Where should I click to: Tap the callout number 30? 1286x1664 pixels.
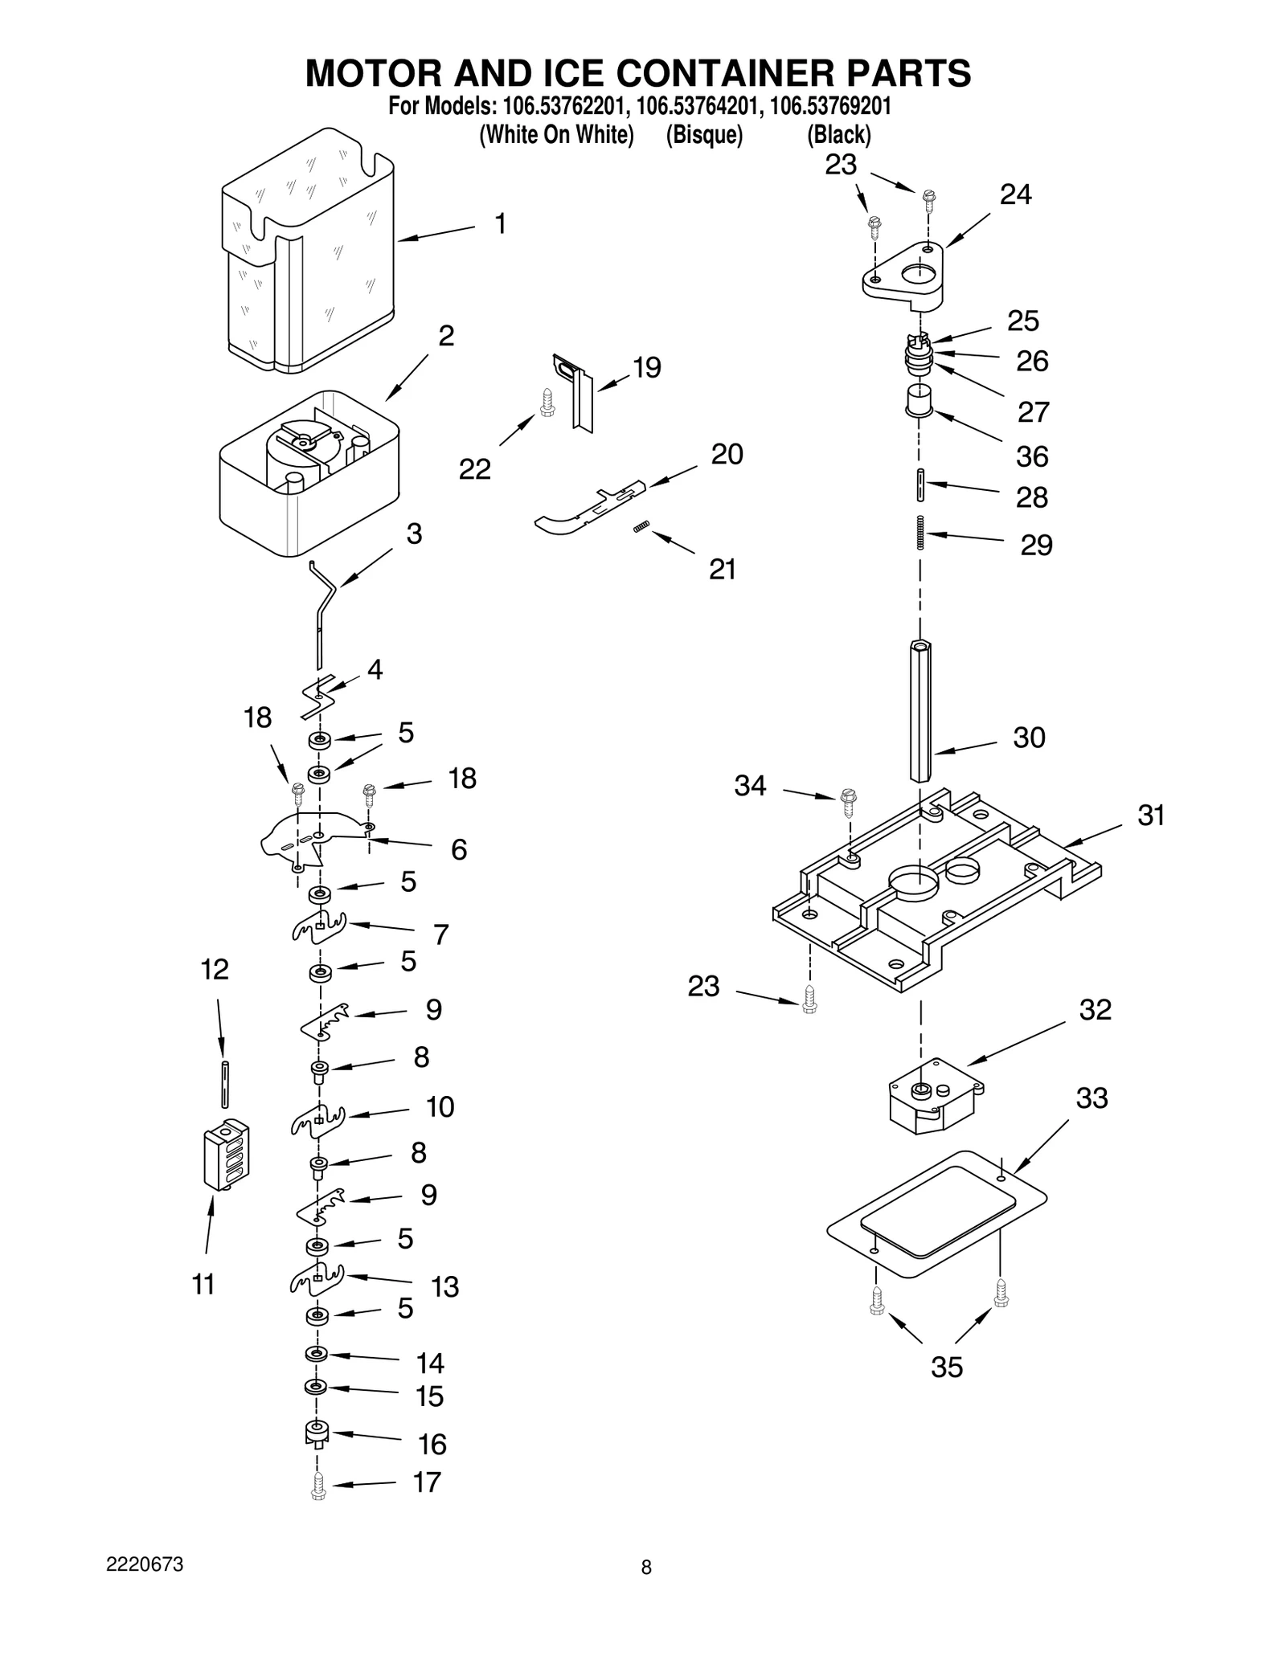coord(1029,738)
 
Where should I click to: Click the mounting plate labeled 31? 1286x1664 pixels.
coord(932,896)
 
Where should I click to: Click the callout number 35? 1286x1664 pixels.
coord(946,1367)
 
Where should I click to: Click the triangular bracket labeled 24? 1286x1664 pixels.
coord(904,277)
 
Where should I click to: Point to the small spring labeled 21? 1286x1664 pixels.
coord(641,526)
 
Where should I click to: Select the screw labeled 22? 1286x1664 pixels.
coord(547,402)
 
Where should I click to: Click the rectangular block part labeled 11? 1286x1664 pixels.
coord(227,1155)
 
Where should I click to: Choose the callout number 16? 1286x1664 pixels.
coord(432,1445)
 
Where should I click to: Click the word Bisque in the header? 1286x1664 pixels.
coord(704,134)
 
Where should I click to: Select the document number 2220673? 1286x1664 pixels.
coord(145,1564)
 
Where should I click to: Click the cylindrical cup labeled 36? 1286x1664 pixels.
coord(919,399)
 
